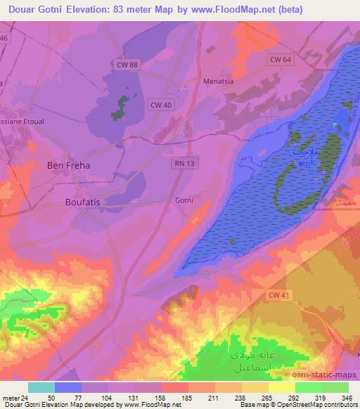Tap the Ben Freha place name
point(68,165)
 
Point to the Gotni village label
point(183,200)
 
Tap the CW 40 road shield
point(159,105)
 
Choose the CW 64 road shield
point(280,60)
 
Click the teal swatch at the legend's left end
point(41,387)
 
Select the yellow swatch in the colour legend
point(282,387)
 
